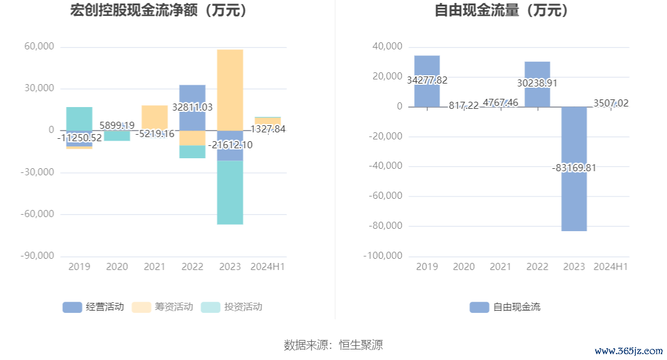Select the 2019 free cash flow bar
pos(426,65)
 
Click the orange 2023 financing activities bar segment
pos(229,88)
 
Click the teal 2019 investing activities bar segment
pos(79,118)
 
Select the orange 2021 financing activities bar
pos(155,116)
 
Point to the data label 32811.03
pos(192,108)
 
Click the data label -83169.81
pos(574,168)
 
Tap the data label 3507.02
pos(611,104)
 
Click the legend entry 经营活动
pos(94,306)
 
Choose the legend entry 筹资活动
pos(163,306)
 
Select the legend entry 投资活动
pos(232,306)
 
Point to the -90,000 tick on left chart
pos(38,256)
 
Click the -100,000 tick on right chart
pos(383,256)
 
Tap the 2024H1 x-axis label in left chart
pos(267,267)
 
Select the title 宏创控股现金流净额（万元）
pos(158,10)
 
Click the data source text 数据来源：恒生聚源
pos(333,344)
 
